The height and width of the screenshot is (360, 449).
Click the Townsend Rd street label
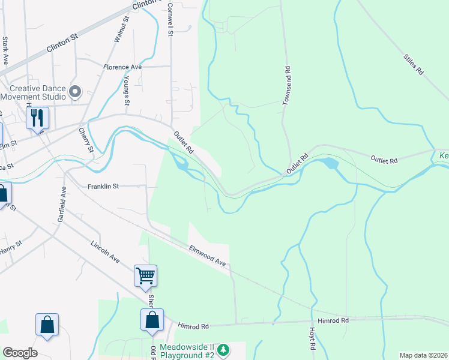(288, 86)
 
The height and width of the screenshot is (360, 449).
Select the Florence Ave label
(122, 67)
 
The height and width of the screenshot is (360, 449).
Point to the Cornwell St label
(170, 19)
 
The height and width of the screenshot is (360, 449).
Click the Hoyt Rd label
(312, 337)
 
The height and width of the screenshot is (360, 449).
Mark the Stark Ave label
(5, 50)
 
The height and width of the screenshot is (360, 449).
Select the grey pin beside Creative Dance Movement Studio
(75, 92)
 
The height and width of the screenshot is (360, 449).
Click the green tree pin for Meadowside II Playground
(223, 349)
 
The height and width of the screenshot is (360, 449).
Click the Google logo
(20, 353)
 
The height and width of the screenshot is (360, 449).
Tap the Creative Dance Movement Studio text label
(33, 92)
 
